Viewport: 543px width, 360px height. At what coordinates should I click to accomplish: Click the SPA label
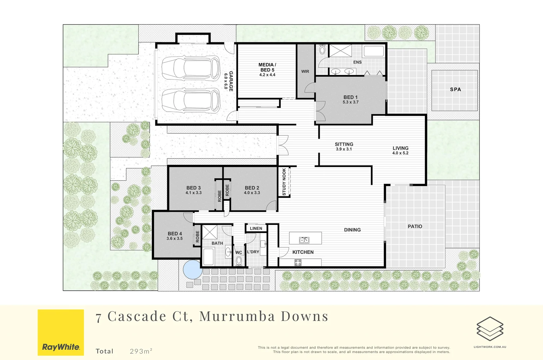pos(455,89)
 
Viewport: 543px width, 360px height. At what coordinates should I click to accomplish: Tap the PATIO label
pos(415,226)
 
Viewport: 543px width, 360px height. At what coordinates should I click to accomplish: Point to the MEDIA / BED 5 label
pos(267,67)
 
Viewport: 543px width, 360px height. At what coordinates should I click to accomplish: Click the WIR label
pos(305,71)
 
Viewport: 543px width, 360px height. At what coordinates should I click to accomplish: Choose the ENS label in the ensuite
pos(357,62)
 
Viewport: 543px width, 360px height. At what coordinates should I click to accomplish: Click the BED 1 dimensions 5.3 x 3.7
pos(350,102)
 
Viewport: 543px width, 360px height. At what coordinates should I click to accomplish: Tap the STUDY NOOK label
pos(284,182)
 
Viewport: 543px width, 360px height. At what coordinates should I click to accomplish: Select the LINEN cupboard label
pos(256,228)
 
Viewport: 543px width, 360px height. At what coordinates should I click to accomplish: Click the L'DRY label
pos(253,252)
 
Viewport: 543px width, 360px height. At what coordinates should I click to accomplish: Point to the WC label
pos(239,253)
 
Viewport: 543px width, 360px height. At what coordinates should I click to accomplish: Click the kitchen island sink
pos(304,240)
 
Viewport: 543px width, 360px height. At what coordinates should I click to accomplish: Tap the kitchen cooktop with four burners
pos(298,262)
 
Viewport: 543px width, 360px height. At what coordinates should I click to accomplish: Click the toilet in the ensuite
pos(322,50)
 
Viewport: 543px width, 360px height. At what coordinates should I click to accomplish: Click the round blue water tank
pos(192,269)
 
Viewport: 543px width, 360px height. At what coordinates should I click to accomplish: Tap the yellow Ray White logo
pos(61,332)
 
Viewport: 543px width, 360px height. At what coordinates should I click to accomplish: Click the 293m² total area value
pos(141,351)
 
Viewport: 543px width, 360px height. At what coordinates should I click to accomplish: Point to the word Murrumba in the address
pos(237,316)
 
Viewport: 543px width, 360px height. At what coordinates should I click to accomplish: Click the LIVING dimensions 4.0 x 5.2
pos(400,153)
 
